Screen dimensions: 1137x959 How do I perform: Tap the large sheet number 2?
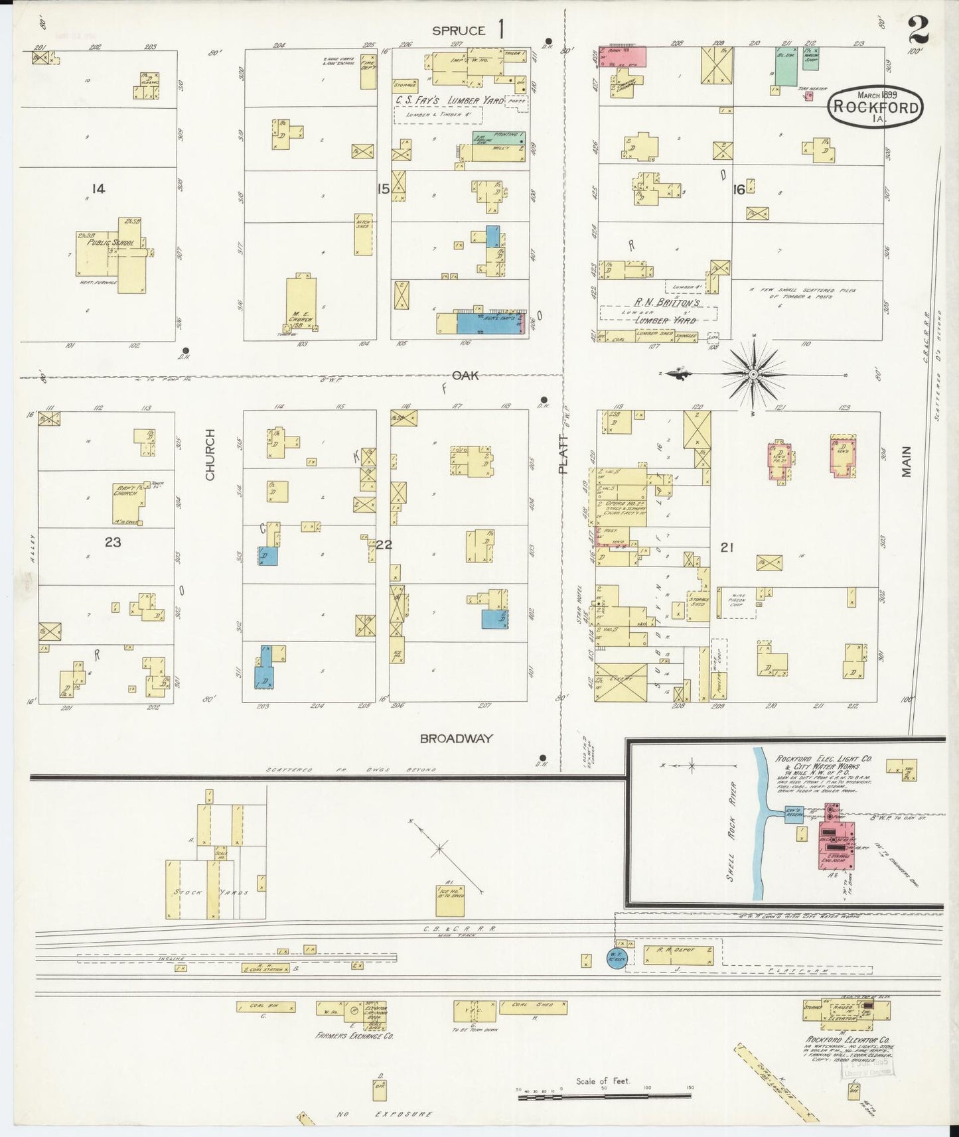click(x=919, y=30)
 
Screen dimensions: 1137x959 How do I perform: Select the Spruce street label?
click(x=459, y=31)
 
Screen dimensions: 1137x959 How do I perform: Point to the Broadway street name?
click(x=457, y=738)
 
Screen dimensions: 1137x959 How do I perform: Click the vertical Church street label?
click(x=210, y=454)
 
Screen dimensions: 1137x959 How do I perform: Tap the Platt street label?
click(x=564, y=454)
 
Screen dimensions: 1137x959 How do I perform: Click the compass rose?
click(x=753, y=375)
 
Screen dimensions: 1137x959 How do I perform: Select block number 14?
click(x=98, y=189)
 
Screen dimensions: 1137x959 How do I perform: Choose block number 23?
click(x=113, y=542)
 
